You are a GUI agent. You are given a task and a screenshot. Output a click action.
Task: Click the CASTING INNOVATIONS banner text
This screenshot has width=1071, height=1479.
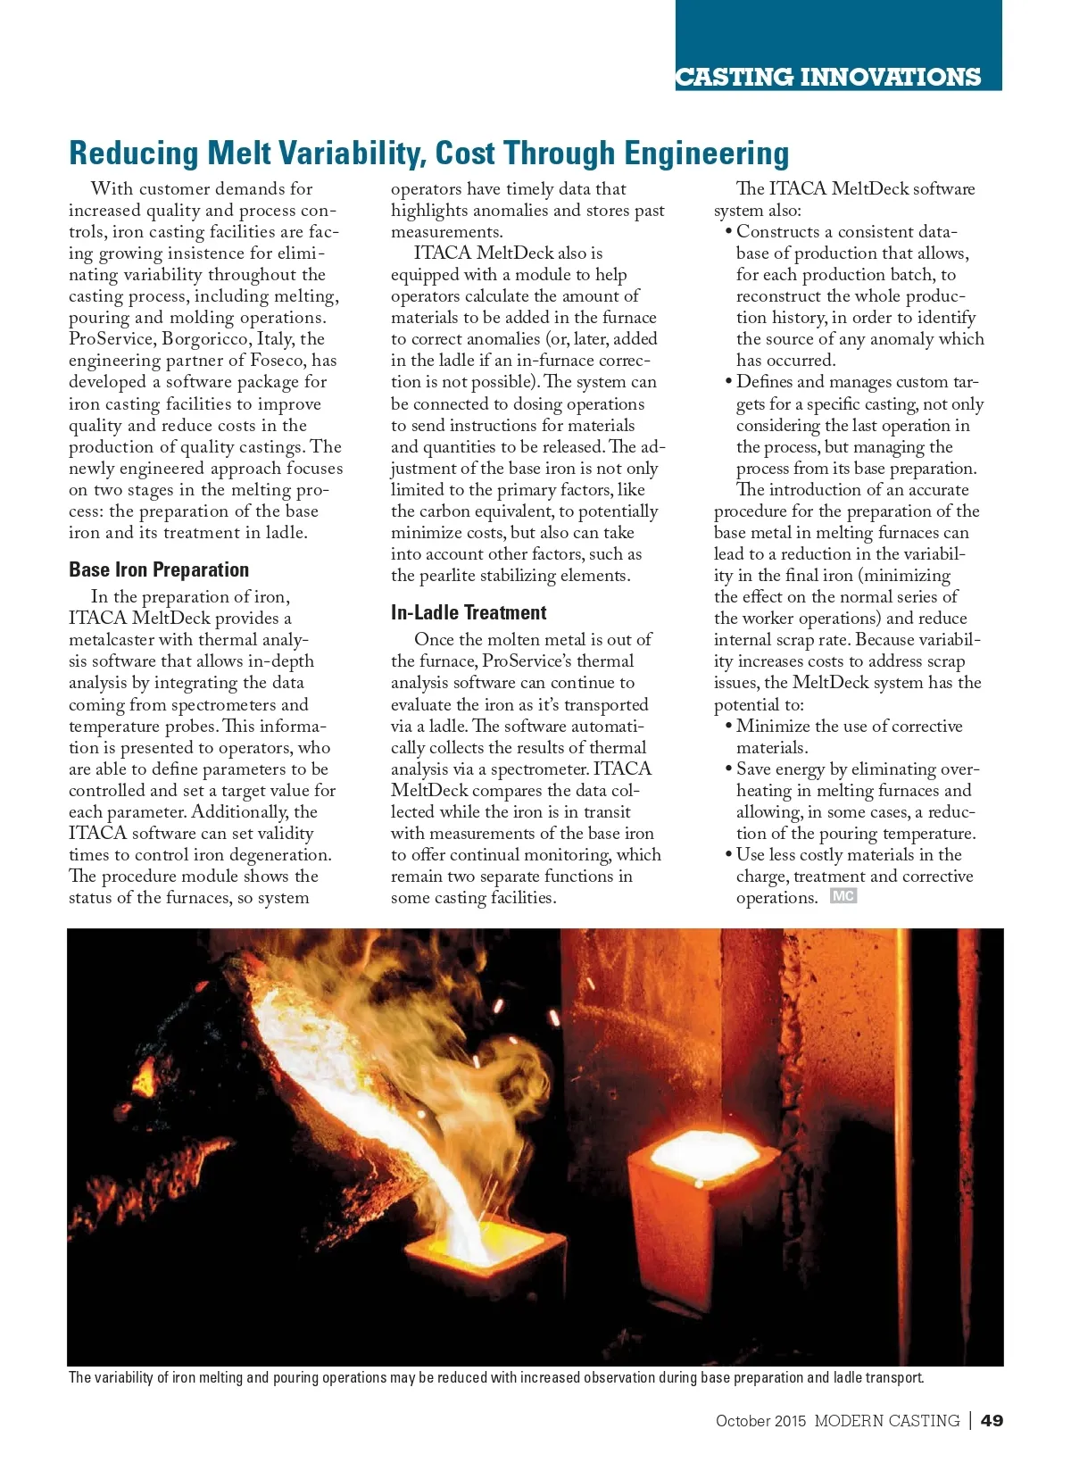coord(828,78)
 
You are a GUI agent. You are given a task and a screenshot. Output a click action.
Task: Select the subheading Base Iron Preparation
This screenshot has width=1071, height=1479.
coord(159,569)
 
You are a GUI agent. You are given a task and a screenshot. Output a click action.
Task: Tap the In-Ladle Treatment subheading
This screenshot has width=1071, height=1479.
coord(469,612)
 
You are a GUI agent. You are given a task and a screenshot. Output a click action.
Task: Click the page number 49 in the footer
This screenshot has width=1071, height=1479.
coord(992,1420)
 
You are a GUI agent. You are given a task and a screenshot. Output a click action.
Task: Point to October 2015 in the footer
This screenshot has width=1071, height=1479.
coord(760,1421)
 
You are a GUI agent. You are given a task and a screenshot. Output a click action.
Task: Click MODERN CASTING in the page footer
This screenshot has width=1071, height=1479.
coord(886,1421)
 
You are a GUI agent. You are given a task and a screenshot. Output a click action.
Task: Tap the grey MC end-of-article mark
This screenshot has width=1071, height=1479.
coord(843,896)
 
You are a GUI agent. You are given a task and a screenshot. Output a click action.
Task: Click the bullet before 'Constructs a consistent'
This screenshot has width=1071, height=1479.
coord(729,232)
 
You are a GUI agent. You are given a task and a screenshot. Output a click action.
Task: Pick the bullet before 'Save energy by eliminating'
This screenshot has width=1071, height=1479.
coord(729,769)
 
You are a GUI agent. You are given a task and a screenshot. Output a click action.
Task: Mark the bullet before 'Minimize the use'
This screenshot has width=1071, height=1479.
coord(729,727)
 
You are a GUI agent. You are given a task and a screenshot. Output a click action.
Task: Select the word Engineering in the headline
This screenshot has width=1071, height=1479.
coord(706,154)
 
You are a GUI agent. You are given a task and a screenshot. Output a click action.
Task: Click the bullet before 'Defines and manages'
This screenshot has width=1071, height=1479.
coord(729,382)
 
